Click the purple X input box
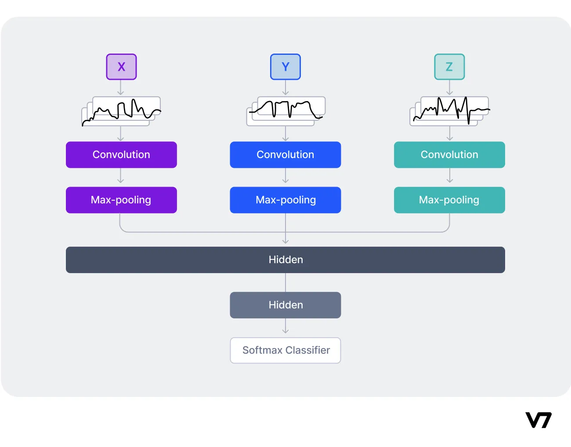click(x=121, y=67)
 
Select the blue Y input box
click(x=285, y=67)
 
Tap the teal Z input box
click(x=449, y=67)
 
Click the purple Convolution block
click(x=121, y=155)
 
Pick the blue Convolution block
click(x=285, y=155)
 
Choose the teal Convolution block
click(x=449, y=155)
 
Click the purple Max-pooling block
click(x=121, y=200)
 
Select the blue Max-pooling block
click(x=285, y=200)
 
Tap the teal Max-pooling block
click(x=449, y=200)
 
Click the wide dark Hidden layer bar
click(x=285, y=260)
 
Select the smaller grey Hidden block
click(x=285, y=305)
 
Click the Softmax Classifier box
click(x=285, y=350)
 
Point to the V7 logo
click(x=538, y=420)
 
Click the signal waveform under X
click(x=121, y=111)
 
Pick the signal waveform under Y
click(x=286, y=111)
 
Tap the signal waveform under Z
click(x=450, y=111)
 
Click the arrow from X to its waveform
click(x=121, y=88)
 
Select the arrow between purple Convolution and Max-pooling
click(x=121, y=177)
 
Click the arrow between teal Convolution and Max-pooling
click(x=449, y=177)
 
